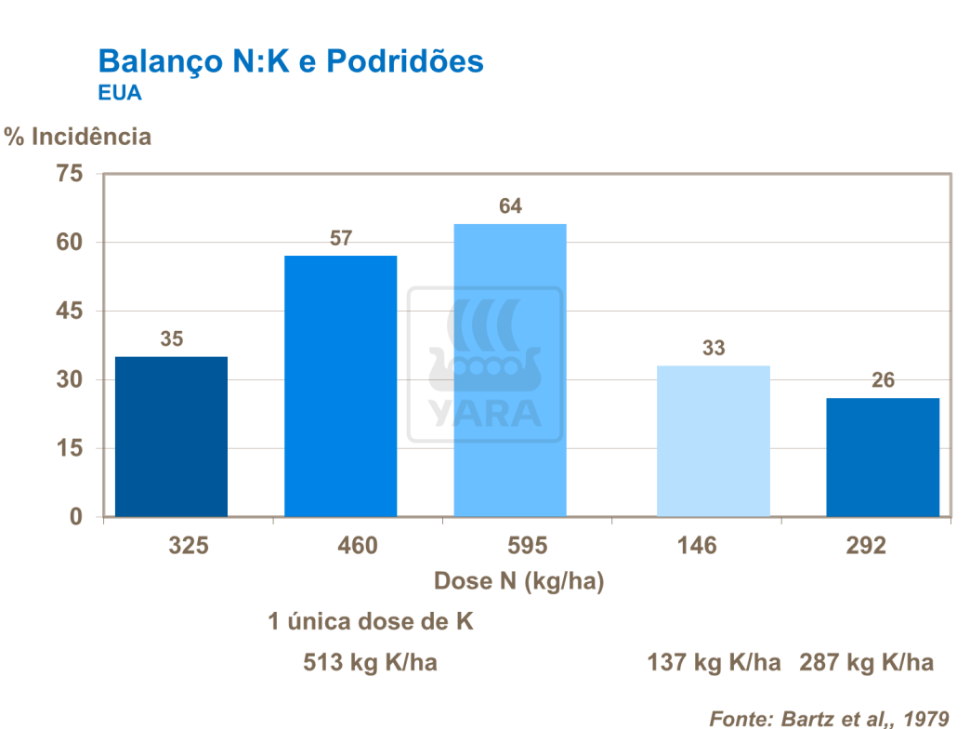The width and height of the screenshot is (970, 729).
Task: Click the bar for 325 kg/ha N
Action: (171, 436)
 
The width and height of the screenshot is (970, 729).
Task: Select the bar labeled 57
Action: (340, 386)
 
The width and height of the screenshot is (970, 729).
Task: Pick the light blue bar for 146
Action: (713, 441)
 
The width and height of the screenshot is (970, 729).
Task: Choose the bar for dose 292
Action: (883, 457)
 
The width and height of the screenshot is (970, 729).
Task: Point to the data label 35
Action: (171, 339)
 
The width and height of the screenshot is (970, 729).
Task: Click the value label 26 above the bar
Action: (883, 380)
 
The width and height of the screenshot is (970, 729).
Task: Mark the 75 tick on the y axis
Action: (71, 174)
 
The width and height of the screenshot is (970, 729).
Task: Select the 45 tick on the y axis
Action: (71, 311)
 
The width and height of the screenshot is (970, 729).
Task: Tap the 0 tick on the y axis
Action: (77, 516)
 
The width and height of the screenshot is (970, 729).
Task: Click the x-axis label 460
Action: (359, 546)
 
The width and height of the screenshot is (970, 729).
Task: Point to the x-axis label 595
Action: (528, 546)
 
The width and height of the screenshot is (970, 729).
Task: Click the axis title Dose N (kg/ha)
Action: (519, 582)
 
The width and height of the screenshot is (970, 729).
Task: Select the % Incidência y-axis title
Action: (77, 137)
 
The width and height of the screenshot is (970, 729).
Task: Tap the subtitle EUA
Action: (119, 94)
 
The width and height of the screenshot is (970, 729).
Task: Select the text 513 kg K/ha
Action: (370, 663)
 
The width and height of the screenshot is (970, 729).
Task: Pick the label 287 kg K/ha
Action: (866, 663)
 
